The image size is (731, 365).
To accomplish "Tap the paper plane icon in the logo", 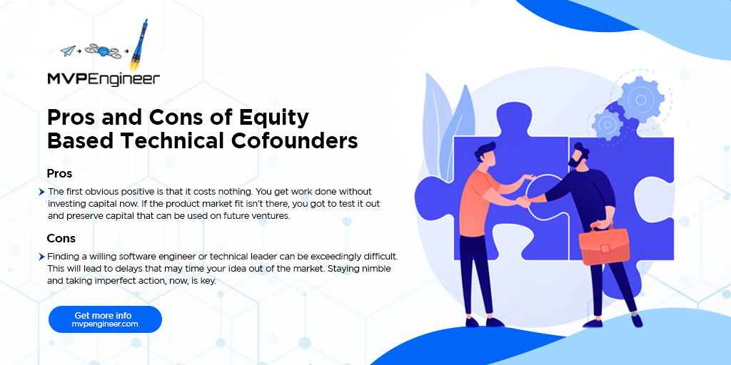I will (68, 51).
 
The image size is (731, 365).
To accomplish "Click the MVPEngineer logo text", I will (103, 78).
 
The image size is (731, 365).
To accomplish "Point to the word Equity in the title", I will (272, 117).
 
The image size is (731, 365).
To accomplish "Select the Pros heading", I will (59, 173).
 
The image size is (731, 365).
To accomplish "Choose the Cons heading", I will (61, 237).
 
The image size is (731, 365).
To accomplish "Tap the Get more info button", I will (105, 319).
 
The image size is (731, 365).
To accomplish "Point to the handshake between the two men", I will (525, 202).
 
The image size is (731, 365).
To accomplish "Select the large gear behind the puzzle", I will (640, 96).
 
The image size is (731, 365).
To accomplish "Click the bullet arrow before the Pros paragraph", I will (42, 192).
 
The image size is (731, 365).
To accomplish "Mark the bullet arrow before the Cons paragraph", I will (42, 256).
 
